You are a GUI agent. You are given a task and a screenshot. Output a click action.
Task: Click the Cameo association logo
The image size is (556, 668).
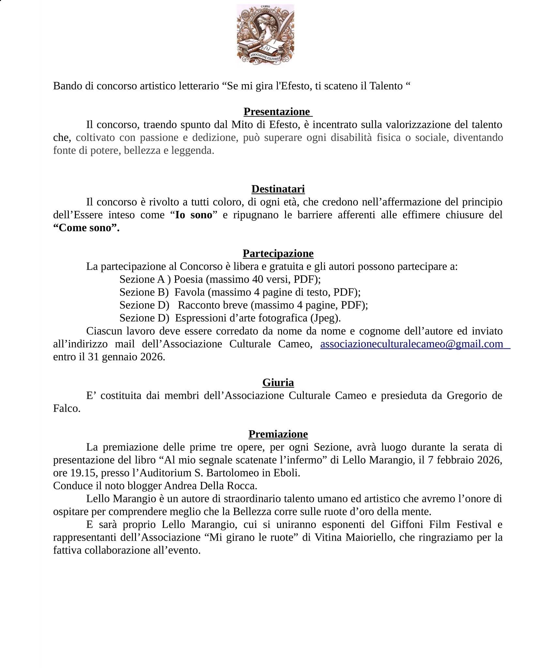tap(265, 34)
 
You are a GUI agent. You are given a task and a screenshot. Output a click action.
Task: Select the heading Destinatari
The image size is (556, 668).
tap(278, 189)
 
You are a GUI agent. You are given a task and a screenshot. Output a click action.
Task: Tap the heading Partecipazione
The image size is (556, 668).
tap(278, 253)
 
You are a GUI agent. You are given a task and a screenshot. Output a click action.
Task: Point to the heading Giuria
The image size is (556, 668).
tap(278, 382)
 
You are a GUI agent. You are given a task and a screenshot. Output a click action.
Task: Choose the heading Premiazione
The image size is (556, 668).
tap(278, 434)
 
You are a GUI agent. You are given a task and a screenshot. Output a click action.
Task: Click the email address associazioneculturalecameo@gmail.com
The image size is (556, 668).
tap(412, 344)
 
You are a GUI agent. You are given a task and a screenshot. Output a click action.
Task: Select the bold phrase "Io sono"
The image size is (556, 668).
tap(194, 215)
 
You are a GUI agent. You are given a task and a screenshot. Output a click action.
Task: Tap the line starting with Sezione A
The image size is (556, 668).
tap(220, 279)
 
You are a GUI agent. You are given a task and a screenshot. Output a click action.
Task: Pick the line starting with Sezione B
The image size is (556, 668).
tap(240, 292)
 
